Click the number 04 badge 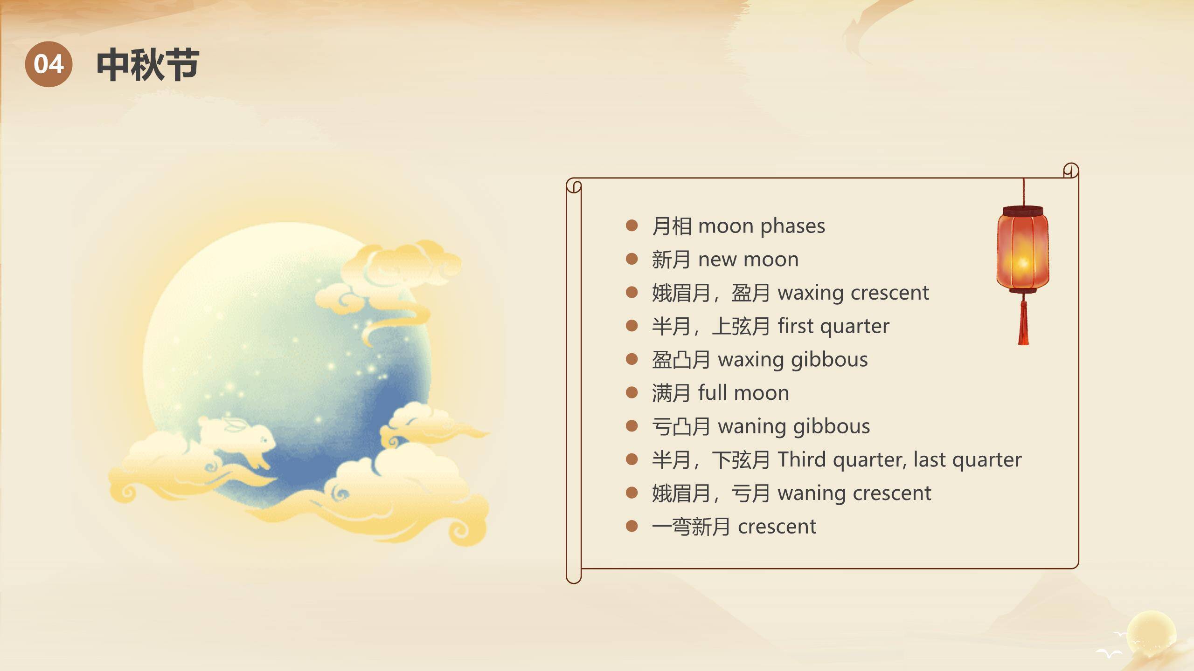pos(49,64)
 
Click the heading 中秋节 pos(148,65)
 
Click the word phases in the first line pos(792,226)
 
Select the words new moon pos(748,260)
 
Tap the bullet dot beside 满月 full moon pos(632,393)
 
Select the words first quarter pos(833,326)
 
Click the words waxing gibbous pos(792,360)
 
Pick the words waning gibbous pos(793,426)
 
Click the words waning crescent pos(854,493)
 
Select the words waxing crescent pos(853,293)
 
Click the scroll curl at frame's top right pos(1071,171)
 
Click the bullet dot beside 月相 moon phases pos(632,226)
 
